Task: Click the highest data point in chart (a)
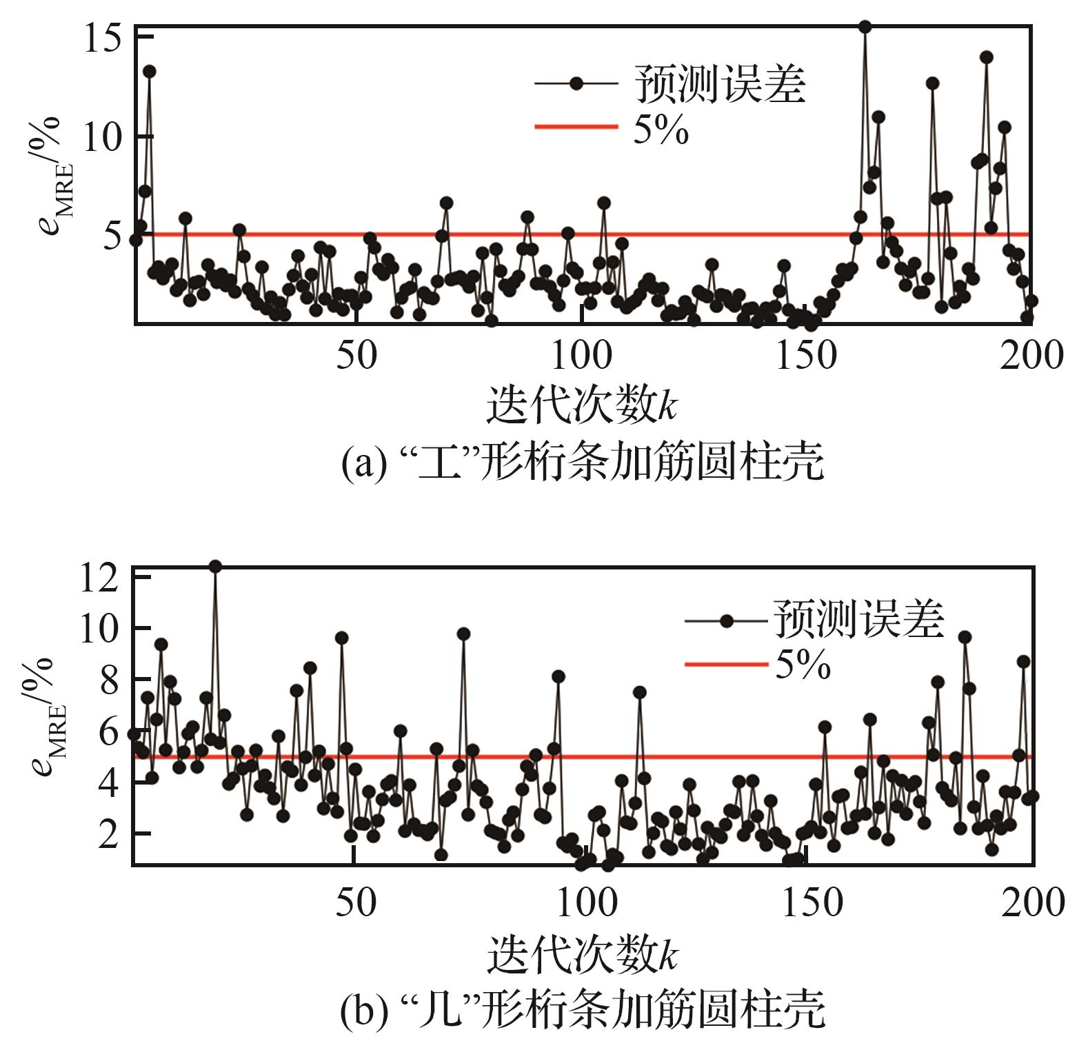(x=865, y=27)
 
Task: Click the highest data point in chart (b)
(x=215, y=567)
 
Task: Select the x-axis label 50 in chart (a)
(x=356, y=356)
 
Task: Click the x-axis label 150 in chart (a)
(x=806, y=356)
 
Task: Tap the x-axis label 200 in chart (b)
(x=1032, y=902)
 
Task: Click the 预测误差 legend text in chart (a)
(x=720, y=84)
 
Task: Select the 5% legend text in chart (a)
(x=661, y=129)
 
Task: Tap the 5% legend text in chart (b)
(x=803, y=665)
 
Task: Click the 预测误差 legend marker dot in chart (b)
(x=726, y=621)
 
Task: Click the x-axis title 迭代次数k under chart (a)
(x=582, y=405)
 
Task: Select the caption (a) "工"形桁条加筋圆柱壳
(x=582, y=461)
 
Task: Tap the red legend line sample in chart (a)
(x=576, y=127)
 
